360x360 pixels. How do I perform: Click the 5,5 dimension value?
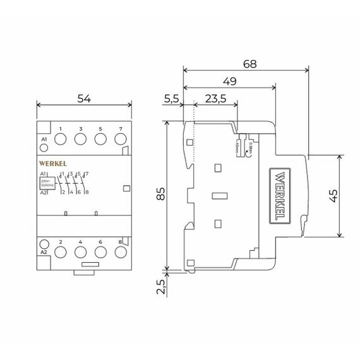click(x=171, y=99)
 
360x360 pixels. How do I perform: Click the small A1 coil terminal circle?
click(x=44, y=148)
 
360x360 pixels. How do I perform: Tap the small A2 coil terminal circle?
click(x=44, y=244)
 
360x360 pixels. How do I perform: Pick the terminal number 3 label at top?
click(x=81, y=129)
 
